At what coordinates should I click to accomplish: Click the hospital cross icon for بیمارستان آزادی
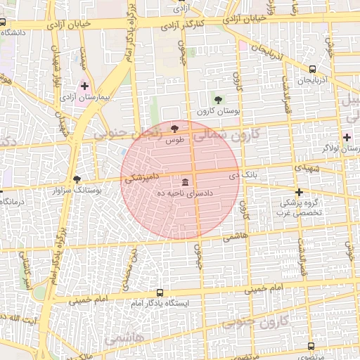point(84,86)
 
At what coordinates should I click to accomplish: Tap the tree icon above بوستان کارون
point(218,100)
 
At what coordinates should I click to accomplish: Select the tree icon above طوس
point(174,128)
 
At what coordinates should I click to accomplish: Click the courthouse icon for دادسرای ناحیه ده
point(185,182)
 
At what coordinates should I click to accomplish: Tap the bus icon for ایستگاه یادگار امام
point(160,292)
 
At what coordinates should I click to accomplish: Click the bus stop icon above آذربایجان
point(312,69)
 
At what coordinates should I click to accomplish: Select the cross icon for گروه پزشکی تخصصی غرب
point(299,192)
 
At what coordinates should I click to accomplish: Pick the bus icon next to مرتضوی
point(311,347)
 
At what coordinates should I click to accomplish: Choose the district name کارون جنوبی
point(255,323)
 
